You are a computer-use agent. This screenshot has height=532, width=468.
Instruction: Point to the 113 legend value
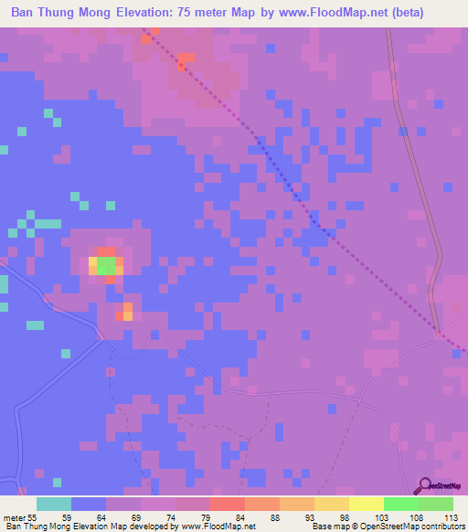coord(450,518)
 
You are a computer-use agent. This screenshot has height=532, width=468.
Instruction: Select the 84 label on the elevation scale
coord(242,518)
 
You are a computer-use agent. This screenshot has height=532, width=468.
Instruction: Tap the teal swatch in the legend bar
coord(54,504)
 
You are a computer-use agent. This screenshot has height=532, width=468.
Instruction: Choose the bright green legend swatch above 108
coord(400,504)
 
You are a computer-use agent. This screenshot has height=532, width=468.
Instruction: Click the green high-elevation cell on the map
coord(106,266)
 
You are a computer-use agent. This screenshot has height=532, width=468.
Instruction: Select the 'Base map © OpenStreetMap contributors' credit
coord(388,527)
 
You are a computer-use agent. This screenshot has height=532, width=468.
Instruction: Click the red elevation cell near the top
coord(186,61)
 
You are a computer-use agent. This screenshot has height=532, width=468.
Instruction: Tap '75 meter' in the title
coord(227,14)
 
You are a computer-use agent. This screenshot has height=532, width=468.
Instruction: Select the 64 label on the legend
coord(101,518)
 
